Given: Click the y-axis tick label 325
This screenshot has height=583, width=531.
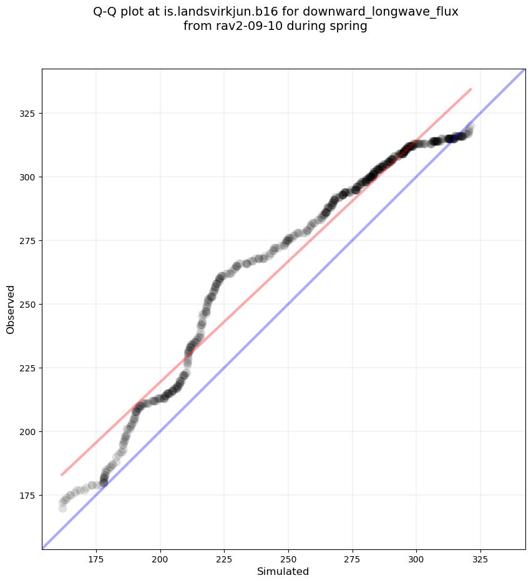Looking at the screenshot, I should point(29,114).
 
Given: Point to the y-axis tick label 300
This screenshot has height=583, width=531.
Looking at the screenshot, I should point(29,177).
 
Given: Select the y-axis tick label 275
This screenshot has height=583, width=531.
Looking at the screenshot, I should point(29,241).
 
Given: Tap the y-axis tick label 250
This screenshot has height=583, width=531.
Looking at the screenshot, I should point(29,305).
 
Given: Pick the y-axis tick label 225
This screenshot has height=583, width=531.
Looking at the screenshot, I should point(29,368).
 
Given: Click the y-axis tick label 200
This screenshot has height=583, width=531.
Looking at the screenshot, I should point(29,432).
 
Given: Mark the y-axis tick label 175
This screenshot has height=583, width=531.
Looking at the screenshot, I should point(29,496).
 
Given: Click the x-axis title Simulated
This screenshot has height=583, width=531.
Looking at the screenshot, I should point(283,571).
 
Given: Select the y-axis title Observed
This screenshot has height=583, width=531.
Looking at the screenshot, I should point(11,309).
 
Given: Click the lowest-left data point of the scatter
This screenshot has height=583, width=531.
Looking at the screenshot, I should point(62,508).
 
